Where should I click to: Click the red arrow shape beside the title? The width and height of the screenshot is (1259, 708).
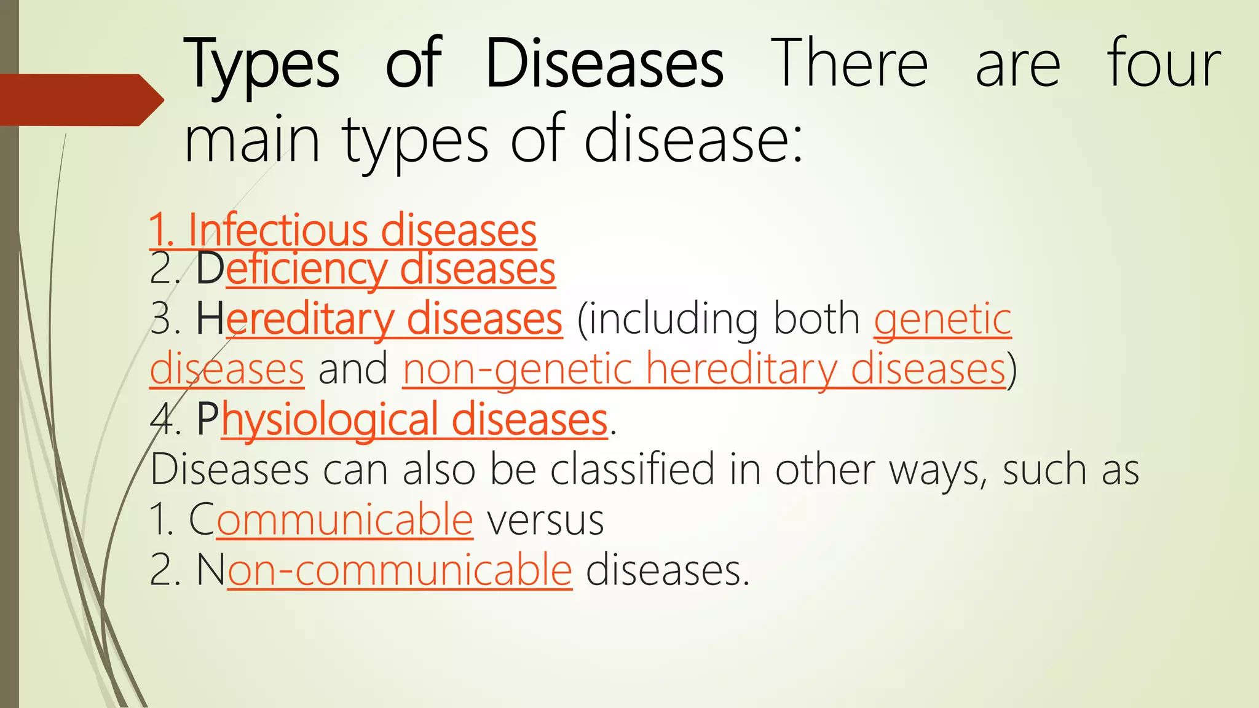click(x=80, y=100)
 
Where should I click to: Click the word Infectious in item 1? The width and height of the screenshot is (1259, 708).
click(x=277, y=230)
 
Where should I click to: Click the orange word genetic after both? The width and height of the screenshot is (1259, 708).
click(x=942, y=320)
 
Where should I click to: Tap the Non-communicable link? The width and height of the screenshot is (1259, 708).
click(x=385, y=570)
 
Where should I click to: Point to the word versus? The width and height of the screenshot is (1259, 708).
click(x=545, y=520)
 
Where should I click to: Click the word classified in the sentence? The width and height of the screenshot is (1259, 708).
click(x=633, y=470)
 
